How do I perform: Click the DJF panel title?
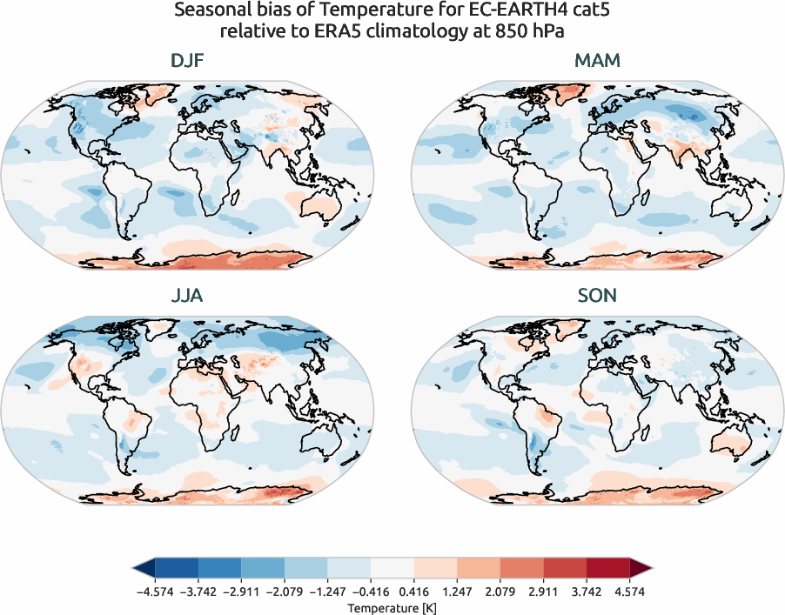click(x=187, y=62)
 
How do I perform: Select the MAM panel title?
click(x=597, y=62)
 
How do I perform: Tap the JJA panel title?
click(x=187, y=296)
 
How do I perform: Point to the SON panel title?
click(x=597, y=296)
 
